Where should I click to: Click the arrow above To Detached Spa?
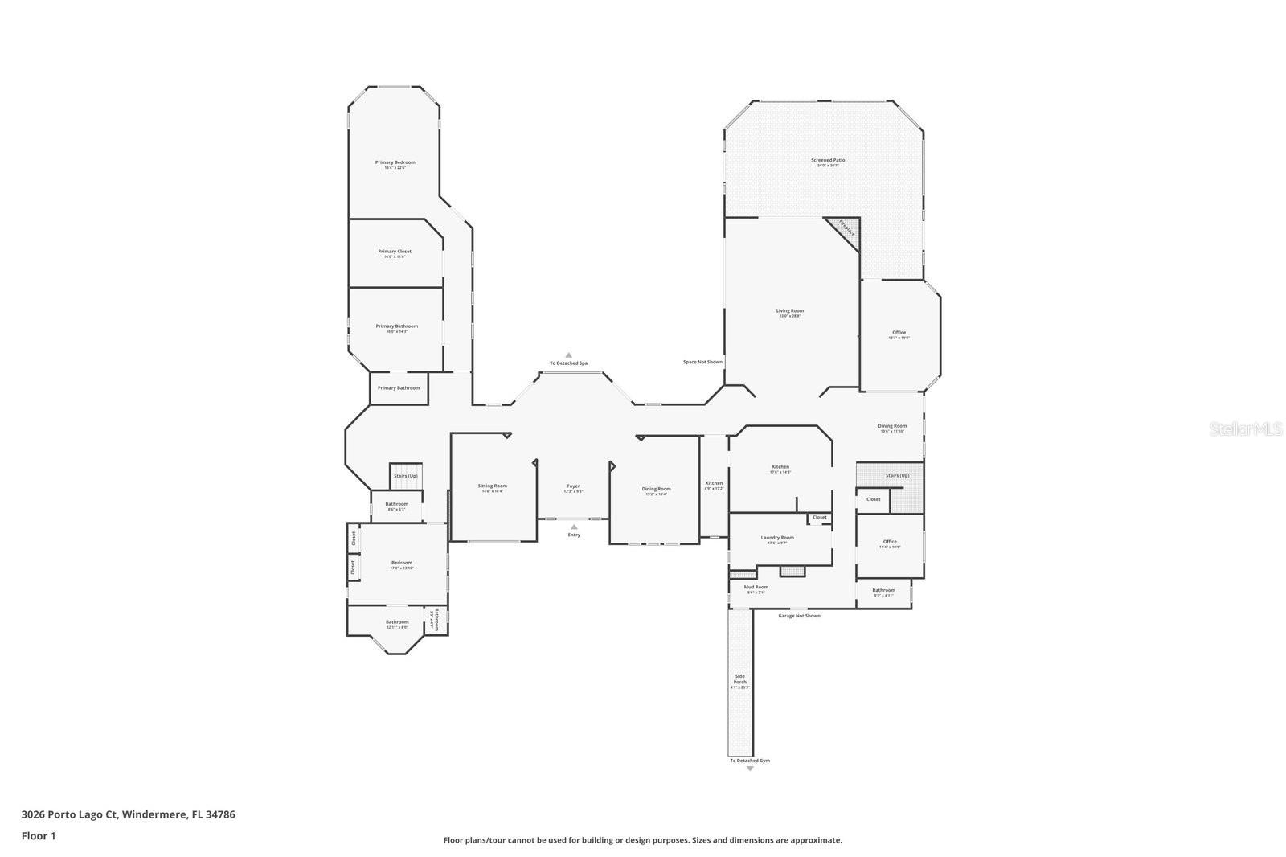tap(568, 355)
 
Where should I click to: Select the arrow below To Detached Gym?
tap(750, 769)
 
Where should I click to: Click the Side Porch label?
tap(739, 680)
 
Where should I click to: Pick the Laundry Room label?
tap(777, 539)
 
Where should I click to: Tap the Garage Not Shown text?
tap(799, 616)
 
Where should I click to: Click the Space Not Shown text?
tap(702, 362)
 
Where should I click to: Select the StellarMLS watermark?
tap(1246, 429)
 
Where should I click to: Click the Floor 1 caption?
tap(39, 836)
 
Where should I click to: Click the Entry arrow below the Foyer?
tap(574, 527)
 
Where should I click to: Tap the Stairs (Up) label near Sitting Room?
tap(405, 476)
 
